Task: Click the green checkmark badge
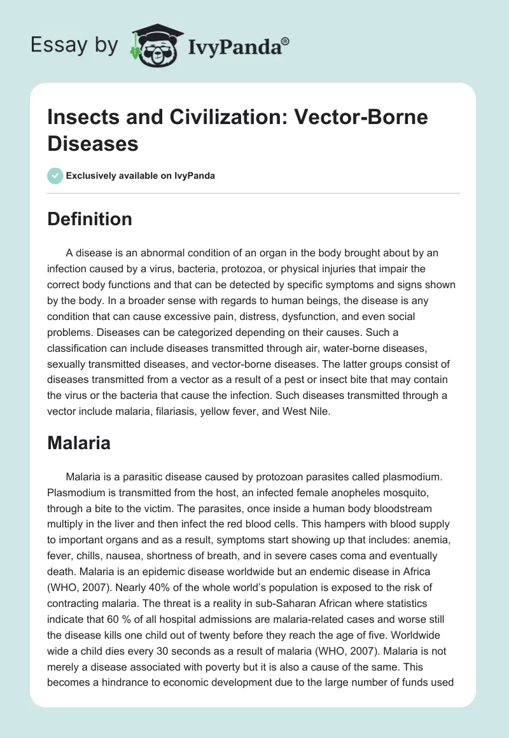click(55, 176)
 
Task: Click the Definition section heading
click(90, 219)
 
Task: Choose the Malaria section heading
click(79, 443)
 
